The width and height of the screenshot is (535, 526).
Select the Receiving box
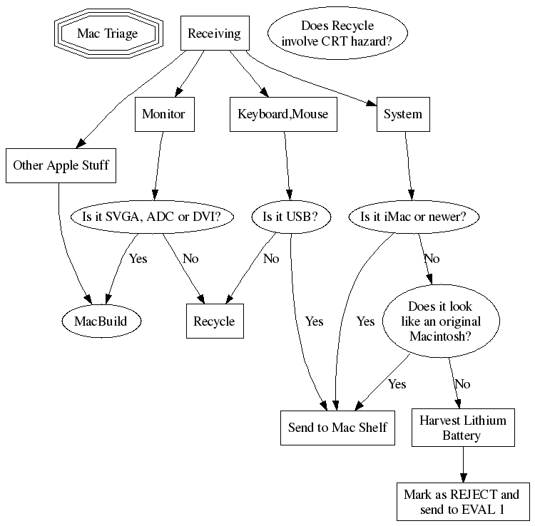click(x=214, y=33)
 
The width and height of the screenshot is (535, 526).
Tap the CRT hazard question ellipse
click(x=337, y=33)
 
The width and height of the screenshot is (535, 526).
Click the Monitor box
click(x=163, y=114)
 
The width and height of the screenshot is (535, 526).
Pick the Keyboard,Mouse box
click(x=283, y=114)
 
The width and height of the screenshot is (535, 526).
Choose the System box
click(x=403, y=114)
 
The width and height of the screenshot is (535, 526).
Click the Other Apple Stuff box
click(x=61, y=165)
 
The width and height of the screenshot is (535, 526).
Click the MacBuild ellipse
click(x=101, y=321)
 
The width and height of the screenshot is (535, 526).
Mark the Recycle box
click(x=214, y=321)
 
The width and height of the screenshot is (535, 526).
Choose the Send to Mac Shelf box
click(x=337, y=427)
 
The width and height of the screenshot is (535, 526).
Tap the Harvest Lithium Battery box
click(x=464, y=427)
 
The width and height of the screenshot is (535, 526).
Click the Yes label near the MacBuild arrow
click(x=138, y=258)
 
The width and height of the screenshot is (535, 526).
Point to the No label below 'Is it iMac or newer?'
click(x=432, y=258)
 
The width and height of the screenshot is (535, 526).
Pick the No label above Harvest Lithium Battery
click(x=462, y=384)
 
